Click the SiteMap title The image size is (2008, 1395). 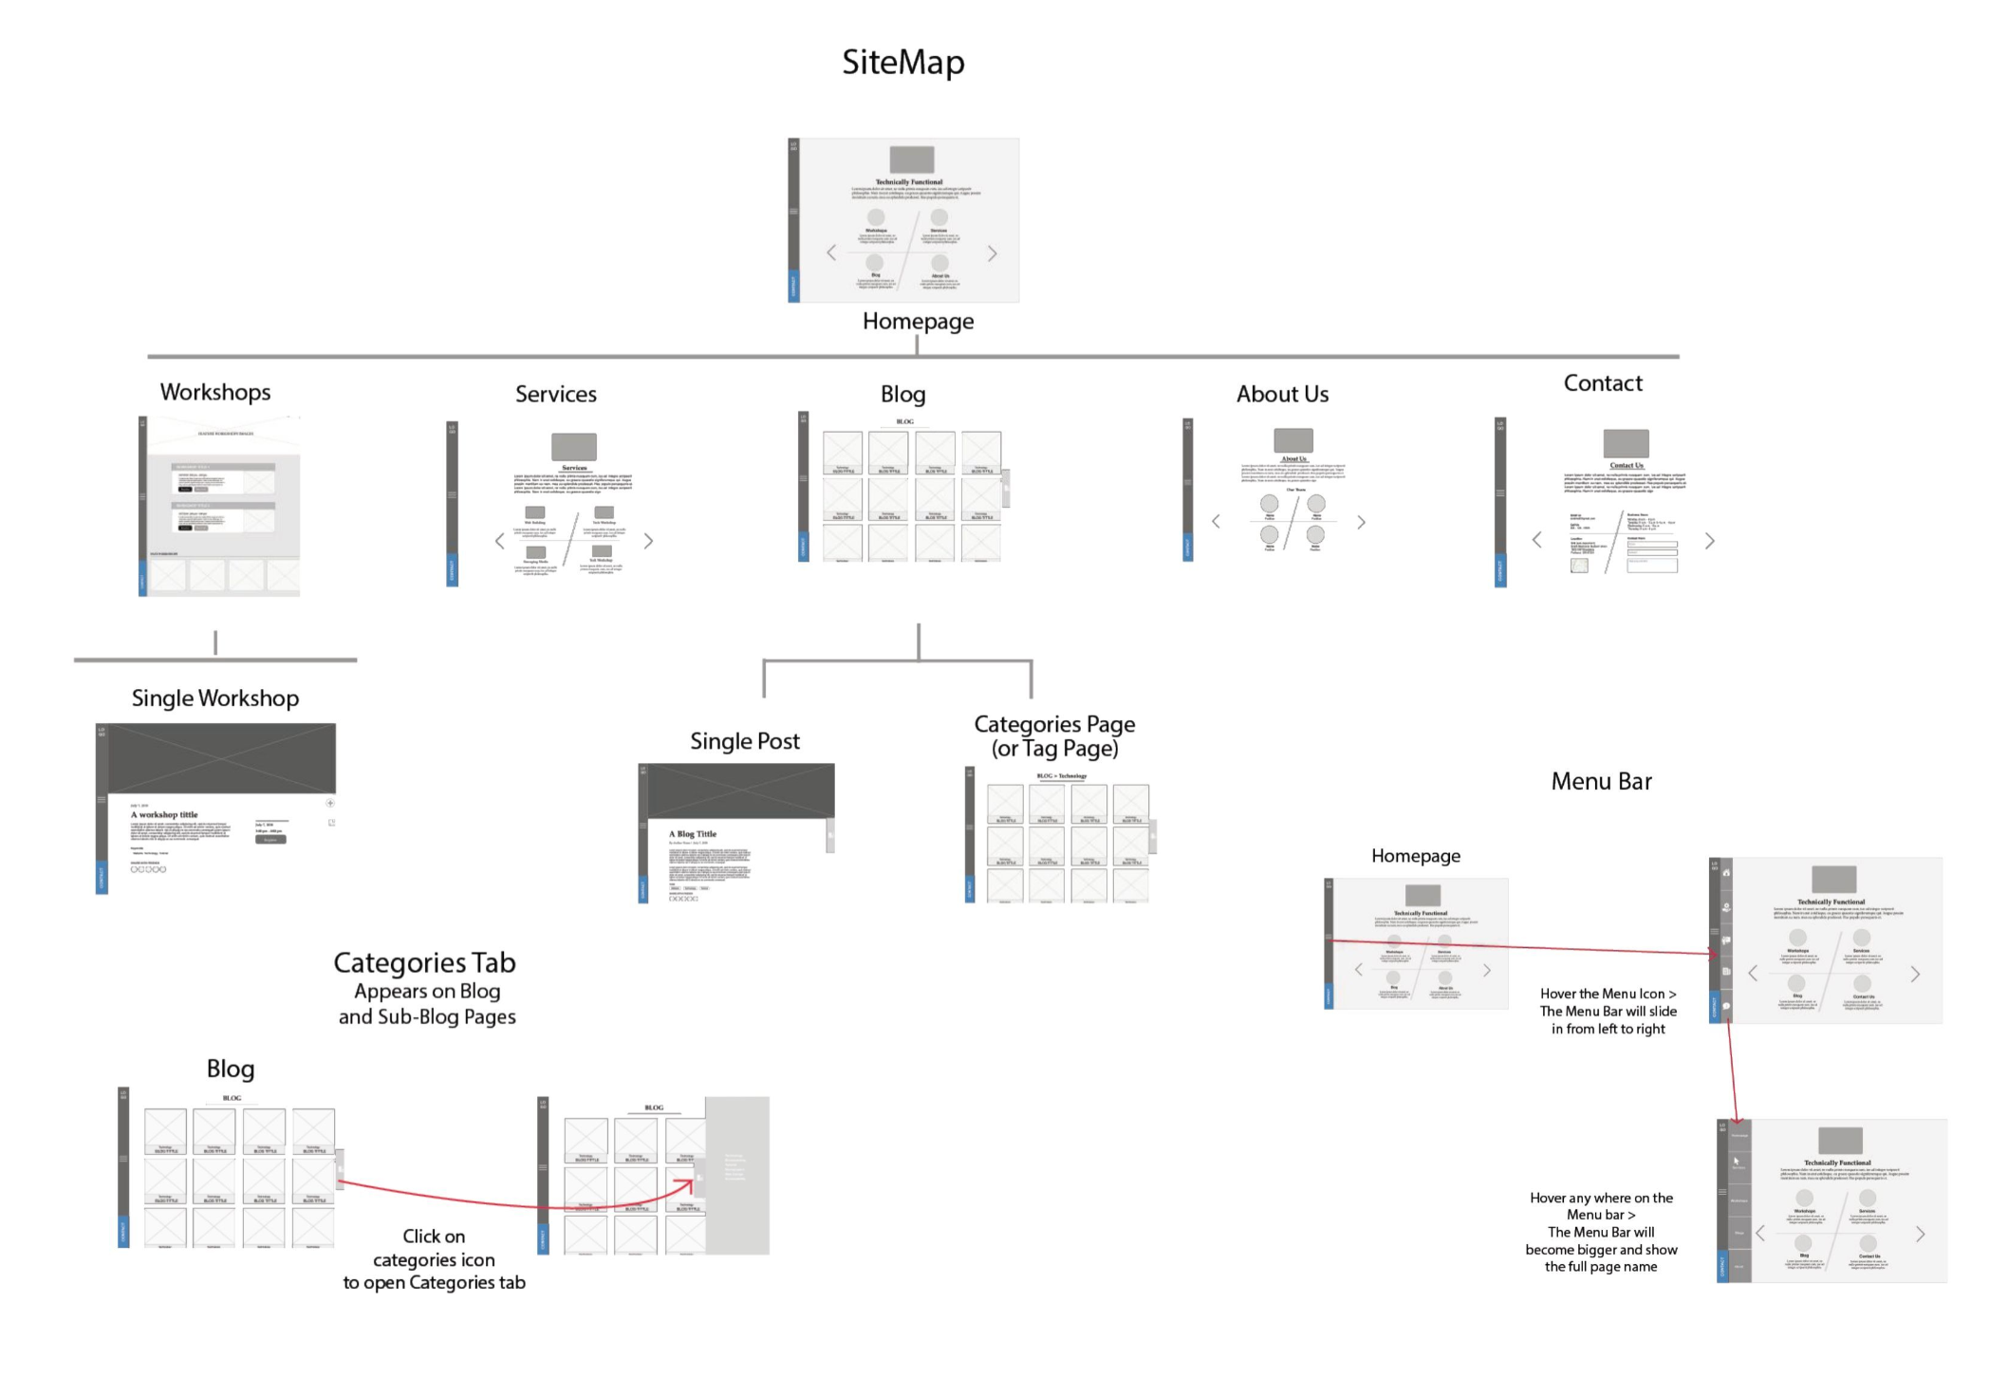(x=902, y=63)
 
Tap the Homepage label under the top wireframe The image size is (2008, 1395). (x=918, y=322)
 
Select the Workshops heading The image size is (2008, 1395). (x=215, y=392)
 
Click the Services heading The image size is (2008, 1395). (x=555, y=394)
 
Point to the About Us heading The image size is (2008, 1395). (x=1282, y=394)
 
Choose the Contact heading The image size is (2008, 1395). (x=1602, y=383)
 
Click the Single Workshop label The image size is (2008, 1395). (x=215, y=698)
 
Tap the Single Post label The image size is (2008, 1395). (x=744, y=741)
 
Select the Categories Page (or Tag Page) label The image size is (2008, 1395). (x=1054, y=736)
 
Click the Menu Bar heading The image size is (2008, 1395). (x=1601, y=782)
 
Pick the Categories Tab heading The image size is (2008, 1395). (x=424, y=963)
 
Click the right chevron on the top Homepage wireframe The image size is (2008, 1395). (x=993, y=253)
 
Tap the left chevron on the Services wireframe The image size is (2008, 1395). (x=500, y=541)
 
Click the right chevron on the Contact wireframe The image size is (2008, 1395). (x=1710, y=541)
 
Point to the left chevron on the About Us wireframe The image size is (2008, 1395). (x=1216, y=521)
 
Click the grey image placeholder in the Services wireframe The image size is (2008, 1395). (x=574, y=446)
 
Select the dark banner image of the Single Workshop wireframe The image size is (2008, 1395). (x=221, y=757)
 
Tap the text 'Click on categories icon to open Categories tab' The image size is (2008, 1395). (x=434, y=1259)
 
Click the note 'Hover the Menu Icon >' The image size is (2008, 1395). (x=1608, y=995)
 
